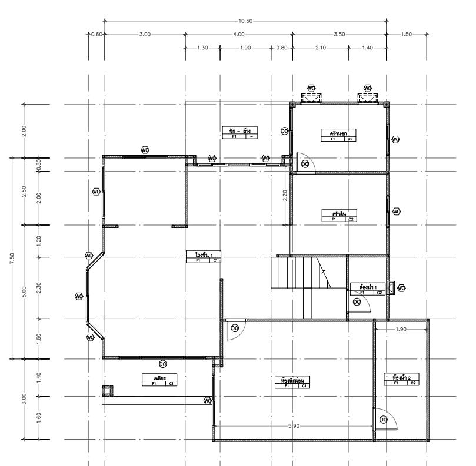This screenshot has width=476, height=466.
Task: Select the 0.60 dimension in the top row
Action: (x=97, y=34)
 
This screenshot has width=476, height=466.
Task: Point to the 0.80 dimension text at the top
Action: (x=281, y=48)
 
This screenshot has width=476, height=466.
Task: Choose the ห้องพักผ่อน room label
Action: (x=292, y=381)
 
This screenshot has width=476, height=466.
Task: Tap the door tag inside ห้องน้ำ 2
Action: (x=384, y=419)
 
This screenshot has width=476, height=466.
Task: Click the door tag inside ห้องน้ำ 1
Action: (x=357, y=301)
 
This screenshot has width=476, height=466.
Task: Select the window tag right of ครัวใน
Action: (x=396, y=211)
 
